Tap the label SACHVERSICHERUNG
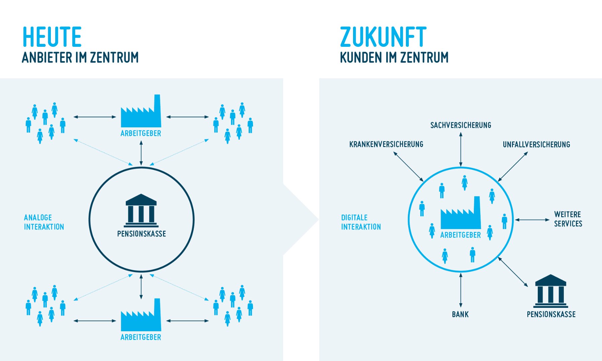pyautogui.click(x=460, y=125)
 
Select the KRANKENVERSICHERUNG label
pyautogui.click(x=386, y=144)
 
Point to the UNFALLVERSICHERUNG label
pyautogui.click(x=536, y=144)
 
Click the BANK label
pyautogui.click(x=460, y=314)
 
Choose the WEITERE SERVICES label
pyautogui.click(x=568, y=219)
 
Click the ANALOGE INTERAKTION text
pyautogui.click(x=44, y=222)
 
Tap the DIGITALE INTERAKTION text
pyautogui.click(x=361, y=222)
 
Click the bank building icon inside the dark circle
pyautogui.click(x=141, y=211)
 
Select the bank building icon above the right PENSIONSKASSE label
pyautogui.click(x=550, y=291)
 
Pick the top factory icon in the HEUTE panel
pyautogui.click(x=141, y=112)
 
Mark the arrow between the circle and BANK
pyautogui.click(x=461, y=290)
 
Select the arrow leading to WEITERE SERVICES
pyautogui.click(x=532, y=220)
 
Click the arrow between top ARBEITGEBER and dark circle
pyautogui.click(x=141, y=153)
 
